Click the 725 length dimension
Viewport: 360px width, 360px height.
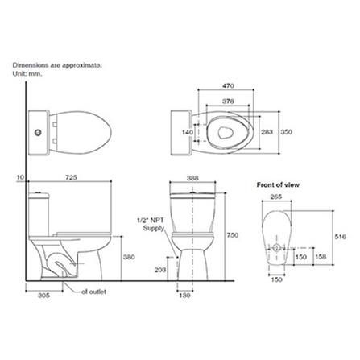(71, 177)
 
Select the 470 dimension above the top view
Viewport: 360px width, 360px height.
(228, 86)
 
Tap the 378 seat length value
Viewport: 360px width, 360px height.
(228, 101)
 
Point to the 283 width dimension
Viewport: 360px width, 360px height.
(267, 132)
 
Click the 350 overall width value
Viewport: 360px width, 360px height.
(286, 132)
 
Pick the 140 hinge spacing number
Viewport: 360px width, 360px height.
(188, 132)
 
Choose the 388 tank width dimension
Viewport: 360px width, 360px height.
(192, 178)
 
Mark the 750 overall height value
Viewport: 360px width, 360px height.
(233, 235)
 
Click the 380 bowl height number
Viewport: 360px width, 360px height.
(129, 257)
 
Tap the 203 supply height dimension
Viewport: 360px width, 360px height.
(160, 270)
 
